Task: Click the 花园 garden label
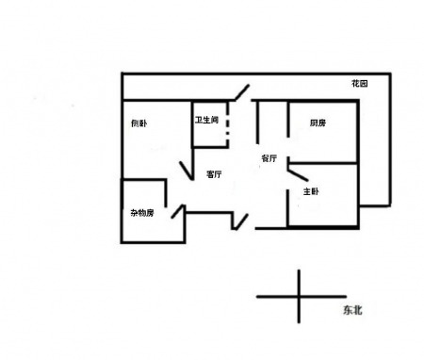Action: [359, 84]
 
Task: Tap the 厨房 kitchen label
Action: [318, 123]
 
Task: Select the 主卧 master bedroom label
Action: [311, 191]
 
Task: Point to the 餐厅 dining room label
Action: [269, 158]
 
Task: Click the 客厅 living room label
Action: [214, 174]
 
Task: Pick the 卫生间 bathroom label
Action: [206, 120]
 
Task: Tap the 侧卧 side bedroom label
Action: [139, 123]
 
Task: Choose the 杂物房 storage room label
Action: [142, 213]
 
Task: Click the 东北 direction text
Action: [352, 310]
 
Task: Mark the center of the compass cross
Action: [299, 296]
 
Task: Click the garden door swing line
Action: [242, 92]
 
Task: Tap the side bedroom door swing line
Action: [186, 171]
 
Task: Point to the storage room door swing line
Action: [177, 211]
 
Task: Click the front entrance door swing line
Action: [241, 221]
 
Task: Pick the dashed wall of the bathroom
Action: [228, 123]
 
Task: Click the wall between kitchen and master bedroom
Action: [323, 163]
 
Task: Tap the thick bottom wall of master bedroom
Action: [323, 227]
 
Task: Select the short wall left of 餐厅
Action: [257, 123]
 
